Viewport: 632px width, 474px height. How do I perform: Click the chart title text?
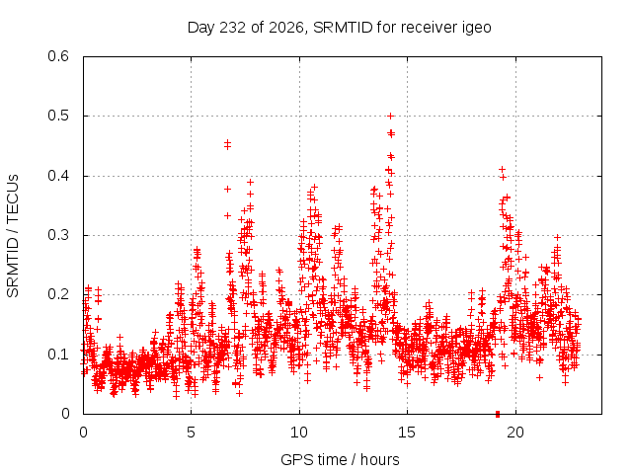[x=340, y=28]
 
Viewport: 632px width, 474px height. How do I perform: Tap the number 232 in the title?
[x=231, y=28]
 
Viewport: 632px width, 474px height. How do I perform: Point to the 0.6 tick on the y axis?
[x=58, y=56]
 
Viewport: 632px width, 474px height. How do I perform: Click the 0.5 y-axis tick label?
[x=58, y=116]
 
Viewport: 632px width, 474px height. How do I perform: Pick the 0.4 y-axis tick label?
[x=58, y=176]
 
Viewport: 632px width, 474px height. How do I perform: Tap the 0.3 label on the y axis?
[x=58, y=235]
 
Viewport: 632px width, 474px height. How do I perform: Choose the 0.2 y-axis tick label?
[x=58, y=294]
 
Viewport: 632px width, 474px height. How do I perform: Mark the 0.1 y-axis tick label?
[x=58, y=355]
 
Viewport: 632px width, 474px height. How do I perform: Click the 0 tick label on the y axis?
[x=65, y=414]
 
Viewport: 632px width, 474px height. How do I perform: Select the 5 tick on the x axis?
[x=191, y=433]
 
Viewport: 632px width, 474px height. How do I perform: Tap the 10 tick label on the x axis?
[x=299, y=433]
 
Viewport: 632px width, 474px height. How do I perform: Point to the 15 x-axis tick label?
[x=407, y=433]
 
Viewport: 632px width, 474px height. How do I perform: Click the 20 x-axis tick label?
[x=515, y=433]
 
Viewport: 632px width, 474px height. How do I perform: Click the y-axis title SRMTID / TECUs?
[x=13, y=236]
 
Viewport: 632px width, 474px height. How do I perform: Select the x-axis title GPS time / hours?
[x=340, y=460]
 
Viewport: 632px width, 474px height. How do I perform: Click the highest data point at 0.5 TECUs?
[x=390, y=117]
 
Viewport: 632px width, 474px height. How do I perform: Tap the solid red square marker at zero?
[x=498, y=414]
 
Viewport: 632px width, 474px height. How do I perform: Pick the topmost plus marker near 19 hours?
[x=502, y=169]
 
